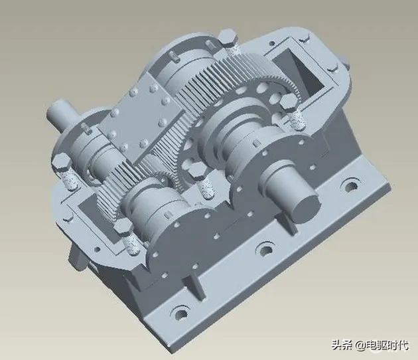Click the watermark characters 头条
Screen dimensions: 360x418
(341, 345)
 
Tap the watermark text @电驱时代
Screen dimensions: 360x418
(382, 345)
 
